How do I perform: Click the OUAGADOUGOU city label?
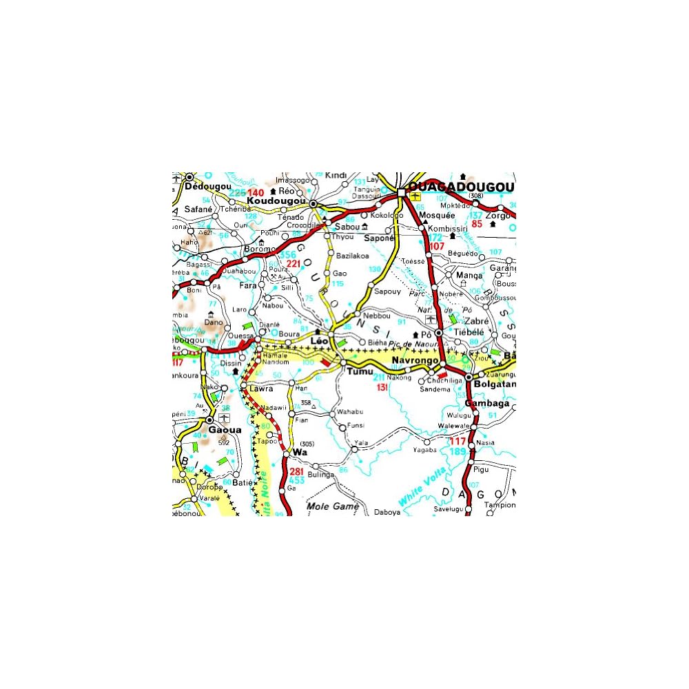461,188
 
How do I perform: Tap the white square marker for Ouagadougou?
401,192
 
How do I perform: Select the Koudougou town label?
276,200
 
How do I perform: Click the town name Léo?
319,340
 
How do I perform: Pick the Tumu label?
360,371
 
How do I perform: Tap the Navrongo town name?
415,361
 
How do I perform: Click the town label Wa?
299,452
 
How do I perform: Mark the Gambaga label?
487,403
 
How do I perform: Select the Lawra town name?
261,389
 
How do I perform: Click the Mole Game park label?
333,506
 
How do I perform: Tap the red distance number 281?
297,472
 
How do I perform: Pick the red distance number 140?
256,192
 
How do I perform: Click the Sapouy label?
388,291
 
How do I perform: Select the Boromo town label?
260,249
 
